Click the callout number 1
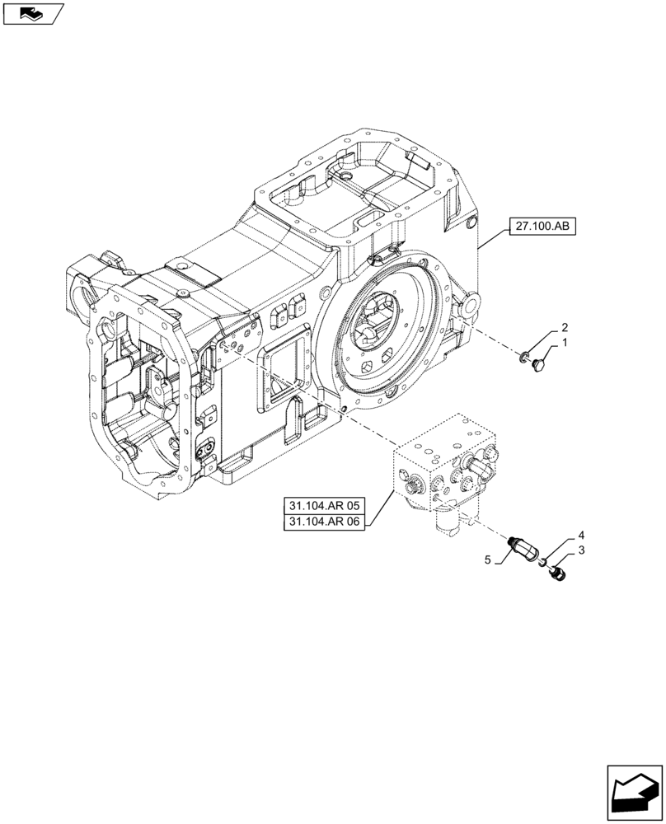pos(565,342)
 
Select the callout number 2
pos(565,326)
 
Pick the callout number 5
pos(488,559)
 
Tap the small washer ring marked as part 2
pos(524,356)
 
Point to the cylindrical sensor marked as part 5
pos(521,545)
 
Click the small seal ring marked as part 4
pos(544,561)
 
